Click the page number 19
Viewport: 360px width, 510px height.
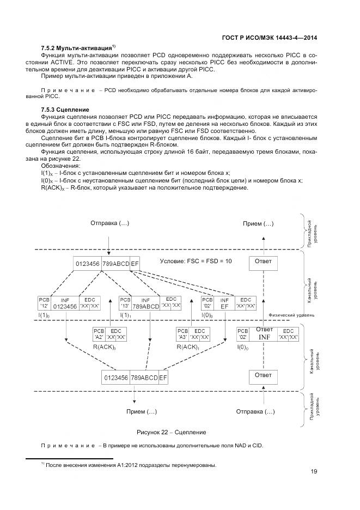pos(314,472)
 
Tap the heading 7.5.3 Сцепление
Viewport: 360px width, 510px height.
pos(65,110)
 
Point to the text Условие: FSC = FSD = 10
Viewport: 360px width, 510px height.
pos(196,261)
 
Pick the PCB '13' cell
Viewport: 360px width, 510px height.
pos(125,303)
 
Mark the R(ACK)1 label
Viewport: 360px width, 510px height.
pos(186,346)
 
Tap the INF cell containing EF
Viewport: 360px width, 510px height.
pos(224,303)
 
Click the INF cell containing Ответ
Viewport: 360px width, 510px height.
pos(264,333)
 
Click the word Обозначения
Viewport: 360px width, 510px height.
pos(60,165)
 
